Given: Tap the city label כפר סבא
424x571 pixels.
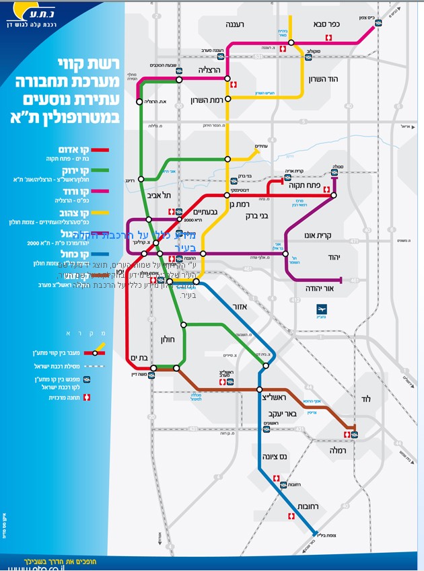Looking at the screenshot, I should pyautogui.click(x=329, y=24).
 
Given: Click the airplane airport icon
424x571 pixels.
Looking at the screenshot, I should pyautogui.click(x=322, y=309).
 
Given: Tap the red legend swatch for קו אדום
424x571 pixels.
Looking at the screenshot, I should pyautogui.click(x=100, y=150).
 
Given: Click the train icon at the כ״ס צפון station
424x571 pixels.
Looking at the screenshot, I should pyautogui.click(x=378, y=23).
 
